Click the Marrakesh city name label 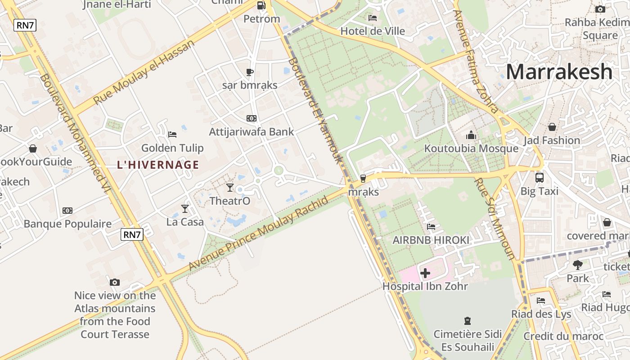tap(559, 72)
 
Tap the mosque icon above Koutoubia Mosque tap(471, 135)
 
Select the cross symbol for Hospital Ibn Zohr tap(425, 273)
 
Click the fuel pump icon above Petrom tap(261, 5)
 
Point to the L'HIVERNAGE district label tap(158, 165)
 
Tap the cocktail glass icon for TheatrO tap(230, 187)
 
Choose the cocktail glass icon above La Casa tap(184, 208)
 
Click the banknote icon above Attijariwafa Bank tap(252, 118)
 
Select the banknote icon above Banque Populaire tap(67, 210)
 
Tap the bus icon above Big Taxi tap(539, 177)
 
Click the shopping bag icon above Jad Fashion tap(552, 127)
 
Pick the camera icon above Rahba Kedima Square tap(600, 9)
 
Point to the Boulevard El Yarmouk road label tap(315, 111)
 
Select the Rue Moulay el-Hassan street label tap(144, 72)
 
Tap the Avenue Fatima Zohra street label tap(476, 61)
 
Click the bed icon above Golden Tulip tap(172, 134)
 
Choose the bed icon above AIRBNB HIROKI tap(431, 227)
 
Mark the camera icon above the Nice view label tap(115, 282)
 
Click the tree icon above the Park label tap(578, 265)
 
